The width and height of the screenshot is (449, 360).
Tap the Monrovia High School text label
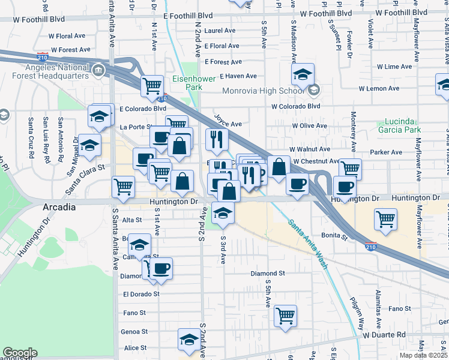coord(264,91)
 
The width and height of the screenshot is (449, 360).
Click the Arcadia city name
coord(59,207)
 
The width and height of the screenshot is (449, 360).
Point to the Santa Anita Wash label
coord(308,243)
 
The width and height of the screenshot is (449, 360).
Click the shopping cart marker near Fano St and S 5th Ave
coord(286,315)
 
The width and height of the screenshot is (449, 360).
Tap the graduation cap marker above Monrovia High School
coord(303,75)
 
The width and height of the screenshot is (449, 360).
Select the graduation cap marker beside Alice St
coord(189,339)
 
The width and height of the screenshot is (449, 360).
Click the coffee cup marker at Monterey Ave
coord(345,186)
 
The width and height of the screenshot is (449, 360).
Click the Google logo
coord(20,353)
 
